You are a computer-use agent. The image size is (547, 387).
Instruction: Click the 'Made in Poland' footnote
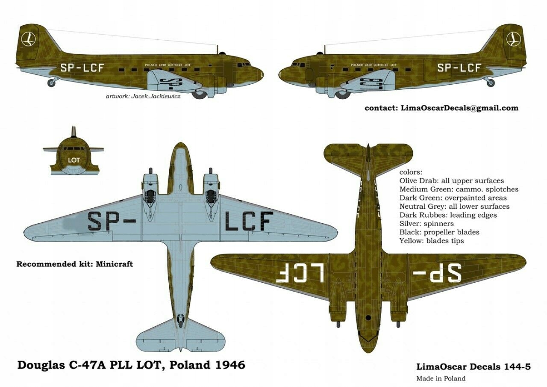441,378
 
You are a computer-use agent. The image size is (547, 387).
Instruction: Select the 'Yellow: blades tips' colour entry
432,241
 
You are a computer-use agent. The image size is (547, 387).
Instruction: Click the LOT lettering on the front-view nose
74,160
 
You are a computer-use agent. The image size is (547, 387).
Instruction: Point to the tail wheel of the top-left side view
51,82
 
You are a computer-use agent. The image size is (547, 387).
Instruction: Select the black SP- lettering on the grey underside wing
112,221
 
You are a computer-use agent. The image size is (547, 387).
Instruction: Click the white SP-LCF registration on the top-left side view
82,68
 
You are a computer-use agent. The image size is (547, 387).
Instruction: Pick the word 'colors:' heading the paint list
410,172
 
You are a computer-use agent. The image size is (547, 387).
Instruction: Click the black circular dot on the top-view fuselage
368,318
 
